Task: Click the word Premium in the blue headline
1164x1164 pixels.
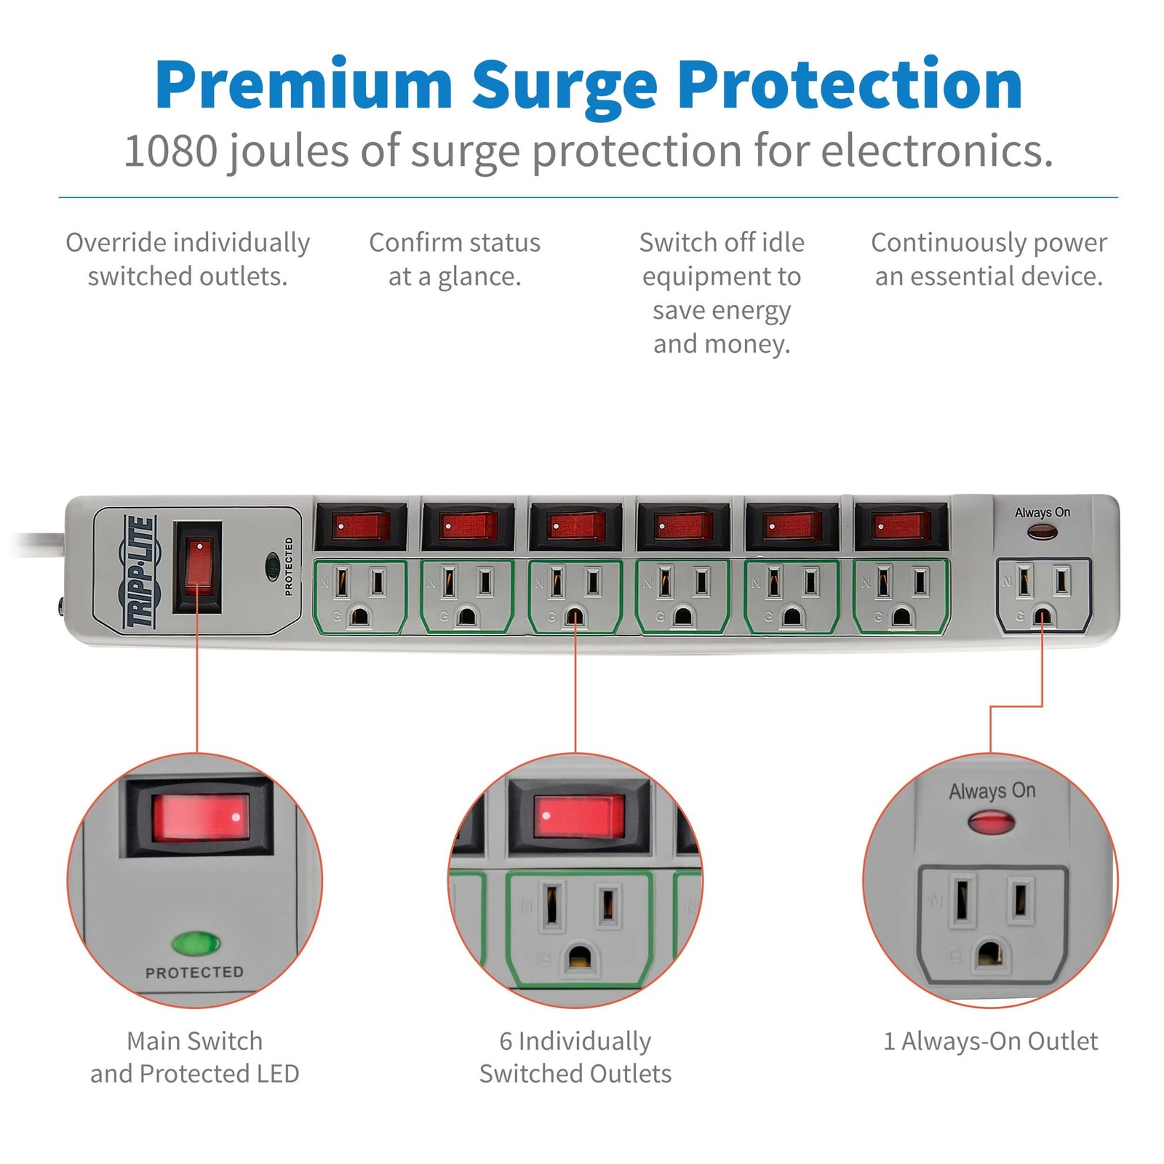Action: [x=303, y=84]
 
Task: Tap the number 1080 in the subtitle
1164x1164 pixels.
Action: [x=171, y=151]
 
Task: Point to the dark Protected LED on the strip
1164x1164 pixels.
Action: [x=273, y=563]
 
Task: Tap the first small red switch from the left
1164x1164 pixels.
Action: [x=360, y=525]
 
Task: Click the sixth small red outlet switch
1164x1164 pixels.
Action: [x=902, y=525]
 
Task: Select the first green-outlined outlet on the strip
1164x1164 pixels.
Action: [x=360, y=597]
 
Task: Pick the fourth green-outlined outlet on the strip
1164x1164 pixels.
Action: [x=683, y=597]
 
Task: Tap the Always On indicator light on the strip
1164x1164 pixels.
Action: [x=1043, y=532]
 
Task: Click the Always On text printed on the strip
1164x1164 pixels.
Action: [x=1043, y=512]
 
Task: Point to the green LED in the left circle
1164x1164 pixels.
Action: [x=196, y=944]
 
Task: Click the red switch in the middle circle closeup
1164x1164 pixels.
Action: [x=578, y=816]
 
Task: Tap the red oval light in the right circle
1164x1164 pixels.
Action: [x=992, y=824]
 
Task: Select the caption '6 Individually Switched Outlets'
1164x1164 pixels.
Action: [x=575, y=1057]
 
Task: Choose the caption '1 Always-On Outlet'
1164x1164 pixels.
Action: [x=991, y=1041]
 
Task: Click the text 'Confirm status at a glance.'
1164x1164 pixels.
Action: [x=455, y=259]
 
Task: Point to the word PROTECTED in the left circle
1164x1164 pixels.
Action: [x=194, y=973]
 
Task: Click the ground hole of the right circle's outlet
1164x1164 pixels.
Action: [x=990, y=954]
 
